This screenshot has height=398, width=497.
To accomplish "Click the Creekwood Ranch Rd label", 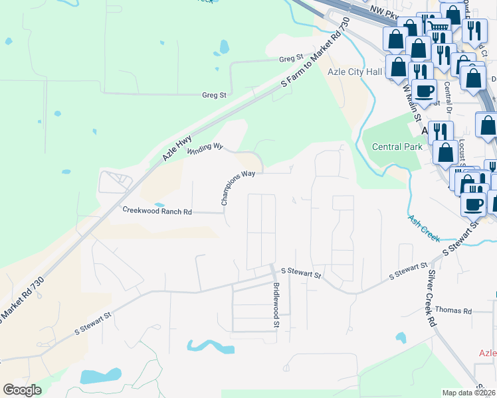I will [x=157, y=211].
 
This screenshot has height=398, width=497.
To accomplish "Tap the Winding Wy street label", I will [x=204, y=149].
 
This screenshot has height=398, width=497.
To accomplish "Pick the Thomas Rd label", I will [x=453, y=310].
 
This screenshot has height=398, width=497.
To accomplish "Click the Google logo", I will [x=23, y=390].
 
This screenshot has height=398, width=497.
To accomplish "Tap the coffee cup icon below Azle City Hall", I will [x=423, y=90].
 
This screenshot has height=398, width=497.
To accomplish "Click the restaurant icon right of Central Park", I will [x=440, y=131].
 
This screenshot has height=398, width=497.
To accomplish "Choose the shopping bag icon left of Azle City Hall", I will [x=399, y=66].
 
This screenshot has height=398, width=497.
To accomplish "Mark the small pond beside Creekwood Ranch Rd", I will [x=159, y=204].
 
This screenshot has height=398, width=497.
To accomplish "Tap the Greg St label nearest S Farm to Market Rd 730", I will [x=291, y=58].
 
